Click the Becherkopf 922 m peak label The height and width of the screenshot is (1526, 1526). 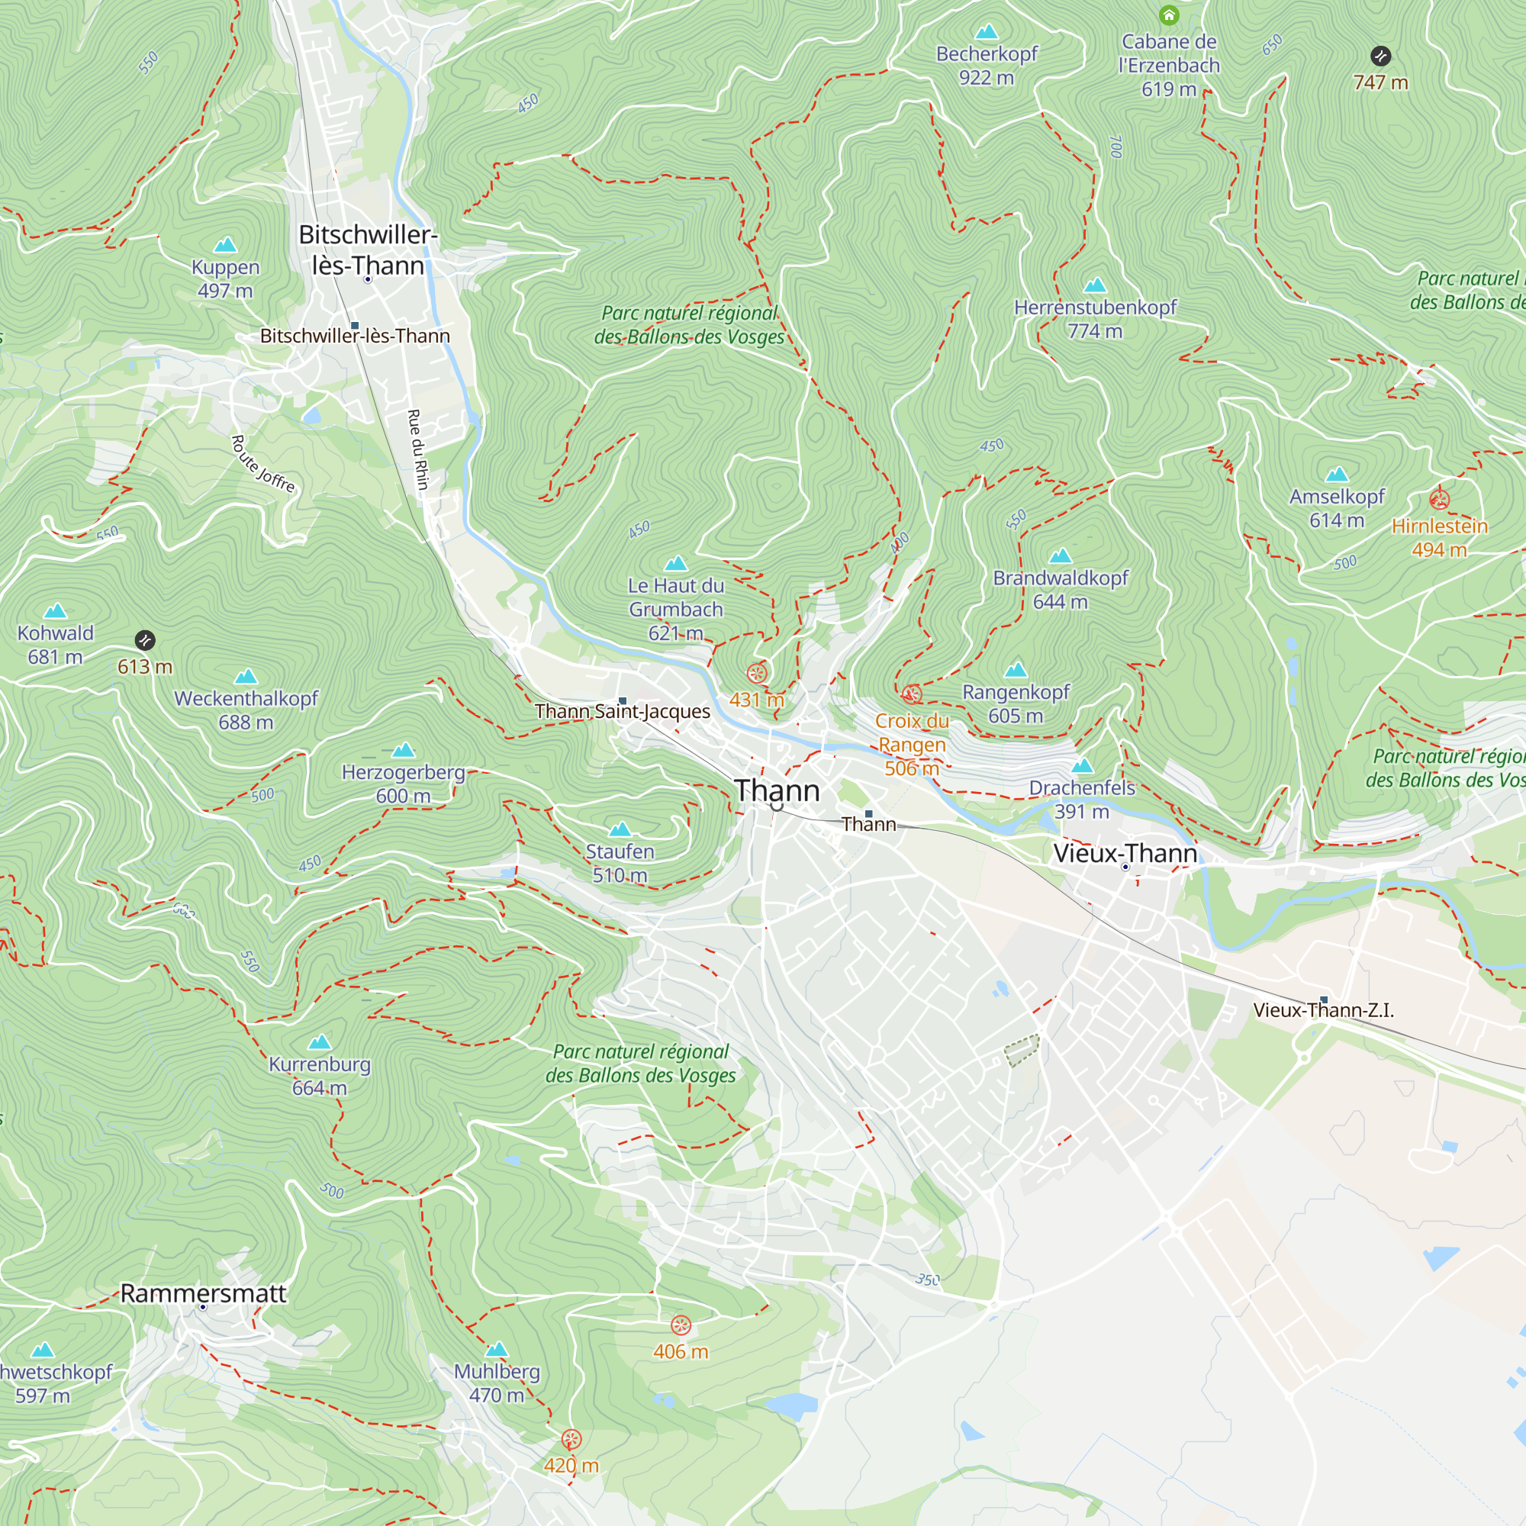pos(987,66)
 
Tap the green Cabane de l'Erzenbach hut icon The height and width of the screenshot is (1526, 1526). pos(1169,15)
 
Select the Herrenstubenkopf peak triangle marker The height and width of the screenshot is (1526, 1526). pos(1095,285)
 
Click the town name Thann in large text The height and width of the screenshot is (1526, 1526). pos(777,790)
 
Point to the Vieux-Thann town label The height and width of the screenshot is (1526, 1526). pos(1125,853)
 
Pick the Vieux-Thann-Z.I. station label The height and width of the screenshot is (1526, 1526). pos(1323,1010)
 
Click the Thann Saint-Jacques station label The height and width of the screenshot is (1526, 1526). pos(623,712)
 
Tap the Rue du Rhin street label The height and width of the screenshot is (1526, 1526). pos(418,449)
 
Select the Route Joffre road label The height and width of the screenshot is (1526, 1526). pos(264,465)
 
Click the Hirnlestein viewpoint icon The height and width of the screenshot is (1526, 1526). pos(1439,499)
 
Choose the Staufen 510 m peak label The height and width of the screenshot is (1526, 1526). pos(620,863)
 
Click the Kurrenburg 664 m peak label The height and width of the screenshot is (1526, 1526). pos(319,1076)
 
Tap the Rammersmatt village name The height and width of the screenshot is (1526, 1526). pos(203,1293)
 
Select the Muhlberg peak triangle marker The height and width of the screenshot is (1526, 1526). pos(496,1349)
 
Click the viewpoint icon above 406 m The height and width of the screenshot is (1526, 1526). pos(680,1325)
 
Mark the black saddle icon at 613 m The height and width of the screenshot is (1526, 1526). pos(144,641)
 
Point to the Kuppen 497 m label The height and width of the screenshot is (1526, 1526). pos(225,278)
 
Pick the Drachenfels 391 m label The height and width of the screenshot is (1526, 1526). pos(1081,800)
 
